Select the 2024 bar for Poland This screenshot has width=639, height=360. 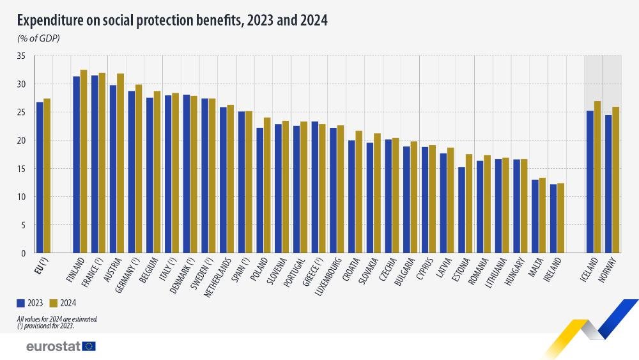[x=268, y=185]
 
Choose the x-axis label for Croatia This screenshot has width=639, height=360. [x=350, y=270]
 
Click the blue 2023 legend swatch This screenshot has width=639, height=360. [x=21, y=302]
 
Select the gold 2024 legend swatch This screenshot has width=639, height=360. [x=54, y=302]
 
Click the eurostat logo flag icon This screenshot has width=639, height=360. [x=89, y=346]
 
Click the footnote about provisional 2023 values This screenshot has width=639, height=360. [x=46, y=325]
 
